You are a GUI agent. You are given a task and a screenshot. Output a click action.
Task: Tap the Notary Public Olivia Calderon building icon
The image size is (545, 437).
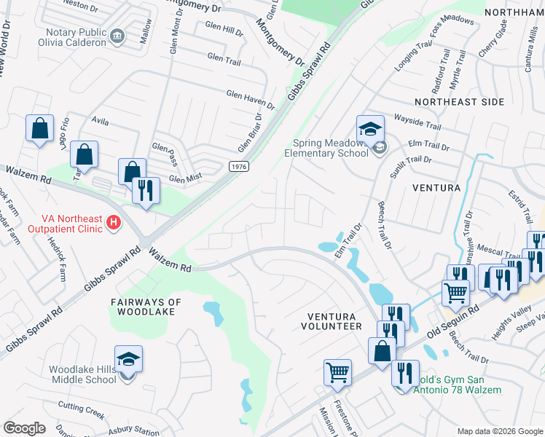pyautogui.click(x=117, y=35)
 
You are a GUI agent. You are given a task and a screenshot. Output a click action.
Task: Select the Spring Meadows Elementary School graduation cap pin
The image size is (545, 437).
pyautogui.click(x=370, y=128)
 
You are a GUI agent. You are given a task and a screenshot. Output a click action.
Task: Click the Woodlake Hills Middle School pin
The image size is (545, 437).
pyautogui.click(x=128, y=360)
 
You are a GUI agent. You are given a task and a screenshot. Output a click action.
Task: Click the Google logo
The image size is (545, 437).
pyautogui.click(x=24, y=428)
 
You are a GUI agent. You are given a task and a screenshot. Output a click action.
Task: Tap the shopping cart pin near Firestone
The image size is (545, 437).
pyautogui.click(x=338, y=372)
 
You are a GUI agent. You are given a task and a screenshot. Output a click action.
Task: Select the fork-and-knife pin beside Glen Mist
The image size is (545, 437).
pyautogui.click(x=146, y=191)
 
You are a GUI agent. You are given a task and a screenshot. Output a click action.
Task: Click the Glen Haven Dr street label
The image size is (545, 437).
pyautogui.click(x=250, y=99)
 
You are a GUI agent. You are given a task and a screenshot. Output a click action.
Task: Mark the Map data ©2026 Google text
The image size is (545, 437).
pyautogui.click(x=500, y=430)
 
